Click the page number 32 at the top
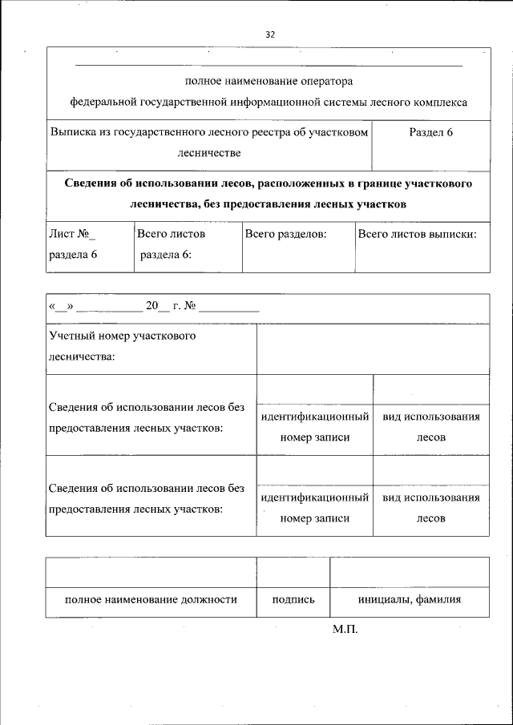point(269,34)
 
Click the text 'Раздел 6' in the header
point(430,132)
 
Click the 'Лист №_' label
point(72,235)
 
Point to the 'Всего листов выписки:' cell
point(417,235)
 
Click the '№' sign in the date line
point(190,306)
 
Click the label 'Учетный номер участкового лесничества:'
point(122,346)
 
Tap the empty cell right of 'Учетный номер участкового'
point(372,348)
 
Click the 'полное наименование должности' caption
point(151,600)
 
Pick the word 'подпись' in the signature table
point(293,600)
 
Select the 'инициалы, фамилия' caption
point(409,600)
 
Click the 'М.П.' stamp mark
point(345,630)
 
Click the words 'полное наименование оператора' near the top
point(269,81)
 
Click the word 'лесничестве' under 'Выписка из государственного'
point(208,152)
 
